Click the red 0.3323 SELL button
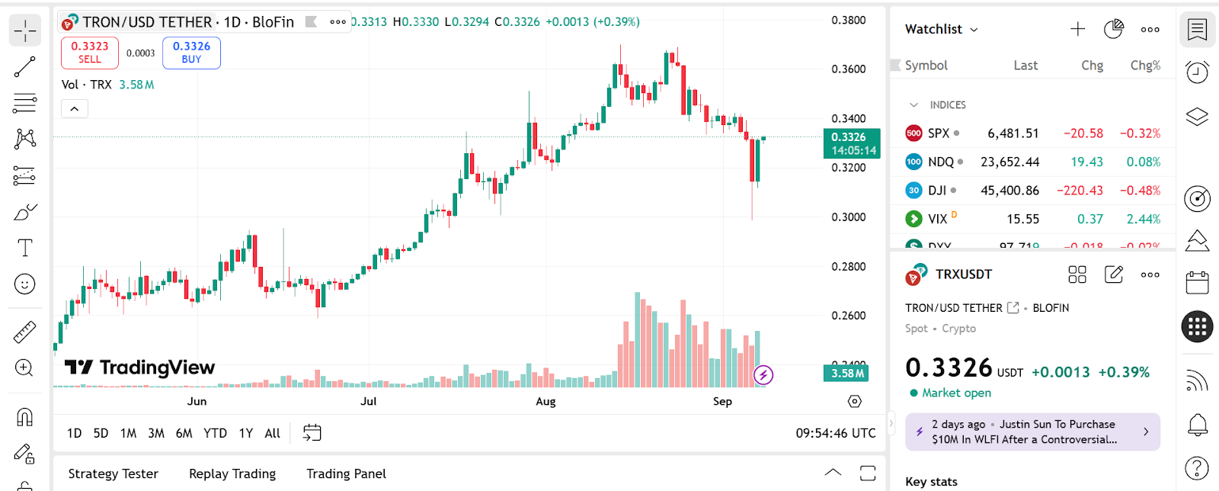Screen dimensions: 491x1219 pyautogui.click(x=90, y=53)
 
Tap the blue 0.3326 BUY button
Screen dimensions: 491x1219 pyautogui.click(x=191, y=53)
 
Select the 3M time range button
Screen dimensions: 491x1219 pyautogui.click(x=156, y=433)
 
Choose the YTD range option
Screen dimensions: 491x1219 pyautogui.click(x=215, y=433)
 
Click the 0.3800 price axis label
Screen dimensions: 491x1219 pyautogui.click(x=848, y=21)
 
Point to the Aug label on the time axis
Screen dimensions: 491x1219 pyautogui.click(x=546, y=401)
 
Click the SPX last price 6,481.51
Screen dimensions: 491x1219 pyautogui.click(x=1013, y=133)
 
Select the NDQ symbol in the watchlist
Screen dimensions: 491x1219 pyautogui.click(x=940, y=162)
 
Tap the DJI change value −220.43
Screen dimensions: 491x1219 pyautogui.click(x=1080, y=191)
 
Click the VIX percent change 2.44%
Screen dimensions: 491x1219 pyautogui.click(x=1143, y=220)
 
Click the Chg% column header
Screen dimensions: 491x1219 pyautogui.click(x=1145, y=66)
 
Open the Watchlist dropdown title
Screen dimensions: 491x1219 pyautogui.click(x=941, y=29)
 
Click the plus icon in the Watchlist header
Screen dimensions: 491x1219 pyautogui.click(x=1077, y=29)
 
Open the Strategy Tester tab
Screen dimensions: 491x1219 pyautogui.click(x=114, y=473)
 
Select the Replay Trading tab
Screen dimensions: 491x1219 pyautogui.click(x=232, y=473)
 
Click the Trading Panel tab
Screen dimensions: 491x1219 pyautogui.click(x=346, y=473)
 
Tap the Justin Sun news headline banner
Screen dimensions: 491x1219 pyautogui.click(x=1032, y=432)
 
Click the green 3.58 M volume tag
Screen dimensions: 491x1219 pyautogui.click(x=846, y=374)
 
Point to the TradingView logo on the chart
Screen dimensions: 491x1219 pyautogui.click(x=140, y=367)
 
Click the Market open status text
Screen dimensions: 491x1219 pyautogui.click(x=956, y=393)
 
